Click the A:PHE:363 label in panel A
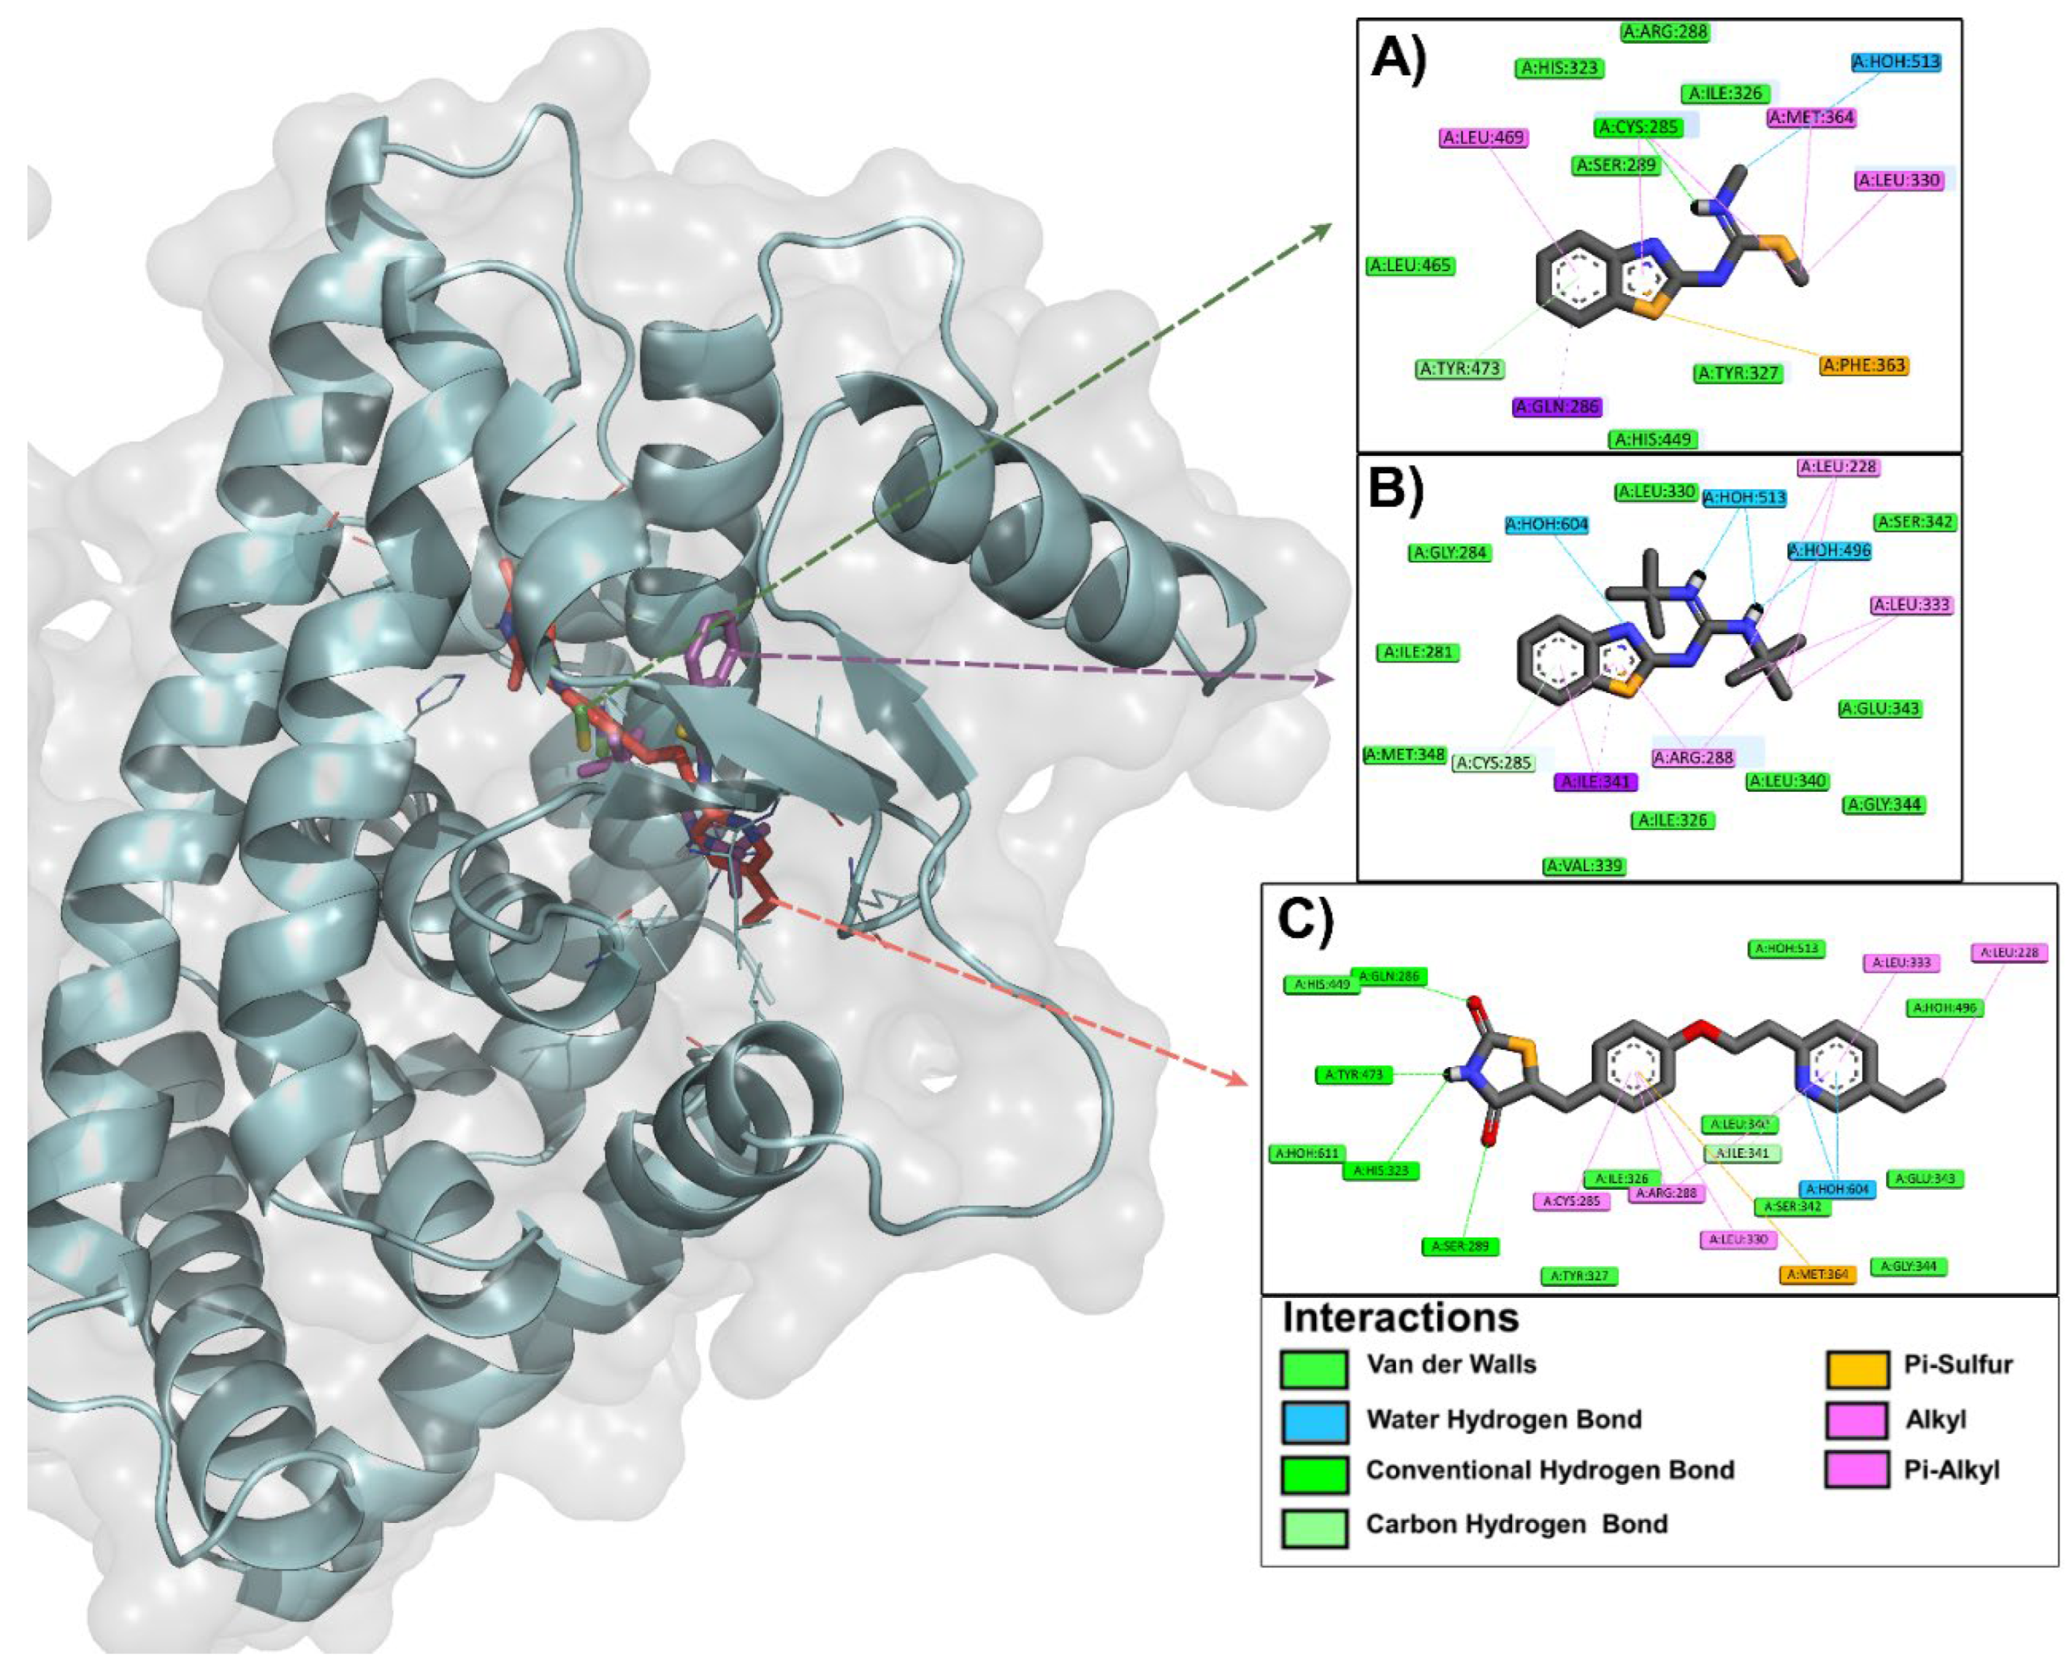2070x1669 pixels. tap(1863, 365)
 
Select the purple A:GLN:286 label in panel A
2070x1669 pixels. tap(1557, 407)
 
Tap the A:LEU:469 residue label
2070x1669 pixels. tap(1483, 137)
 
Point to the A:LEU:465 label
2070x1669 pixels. tap(1410, 265)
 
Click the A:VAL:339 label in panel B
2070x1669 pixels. tap(1584, 866)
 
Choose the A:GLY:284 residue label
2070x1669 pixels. tap(1450, 553)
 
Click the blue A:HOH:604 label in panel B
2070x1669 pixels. tap(1547, 525)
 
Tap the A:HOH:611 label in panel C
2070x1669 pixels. tap(1307, 1153)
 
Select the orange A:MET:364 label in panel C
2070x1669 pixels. tap(1816, 1275)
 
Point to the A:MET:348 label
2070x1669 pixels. tap(1405, 755)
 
